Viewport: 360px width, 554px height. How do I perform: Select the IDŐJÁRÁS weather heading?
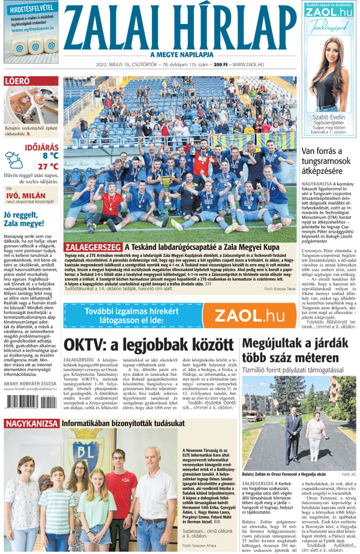pos(41,146)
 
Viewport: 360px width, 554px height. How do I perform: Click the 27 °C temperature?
pos(47,166)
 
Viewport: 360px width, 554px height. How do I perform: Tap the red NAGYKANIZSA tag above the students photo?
pos(31,424)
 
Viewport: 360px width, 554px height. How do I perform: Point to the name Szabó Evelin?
pos(329,117)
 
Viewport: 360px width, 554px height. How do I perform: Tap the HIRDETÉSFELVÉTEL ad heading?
pos(32,7)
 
